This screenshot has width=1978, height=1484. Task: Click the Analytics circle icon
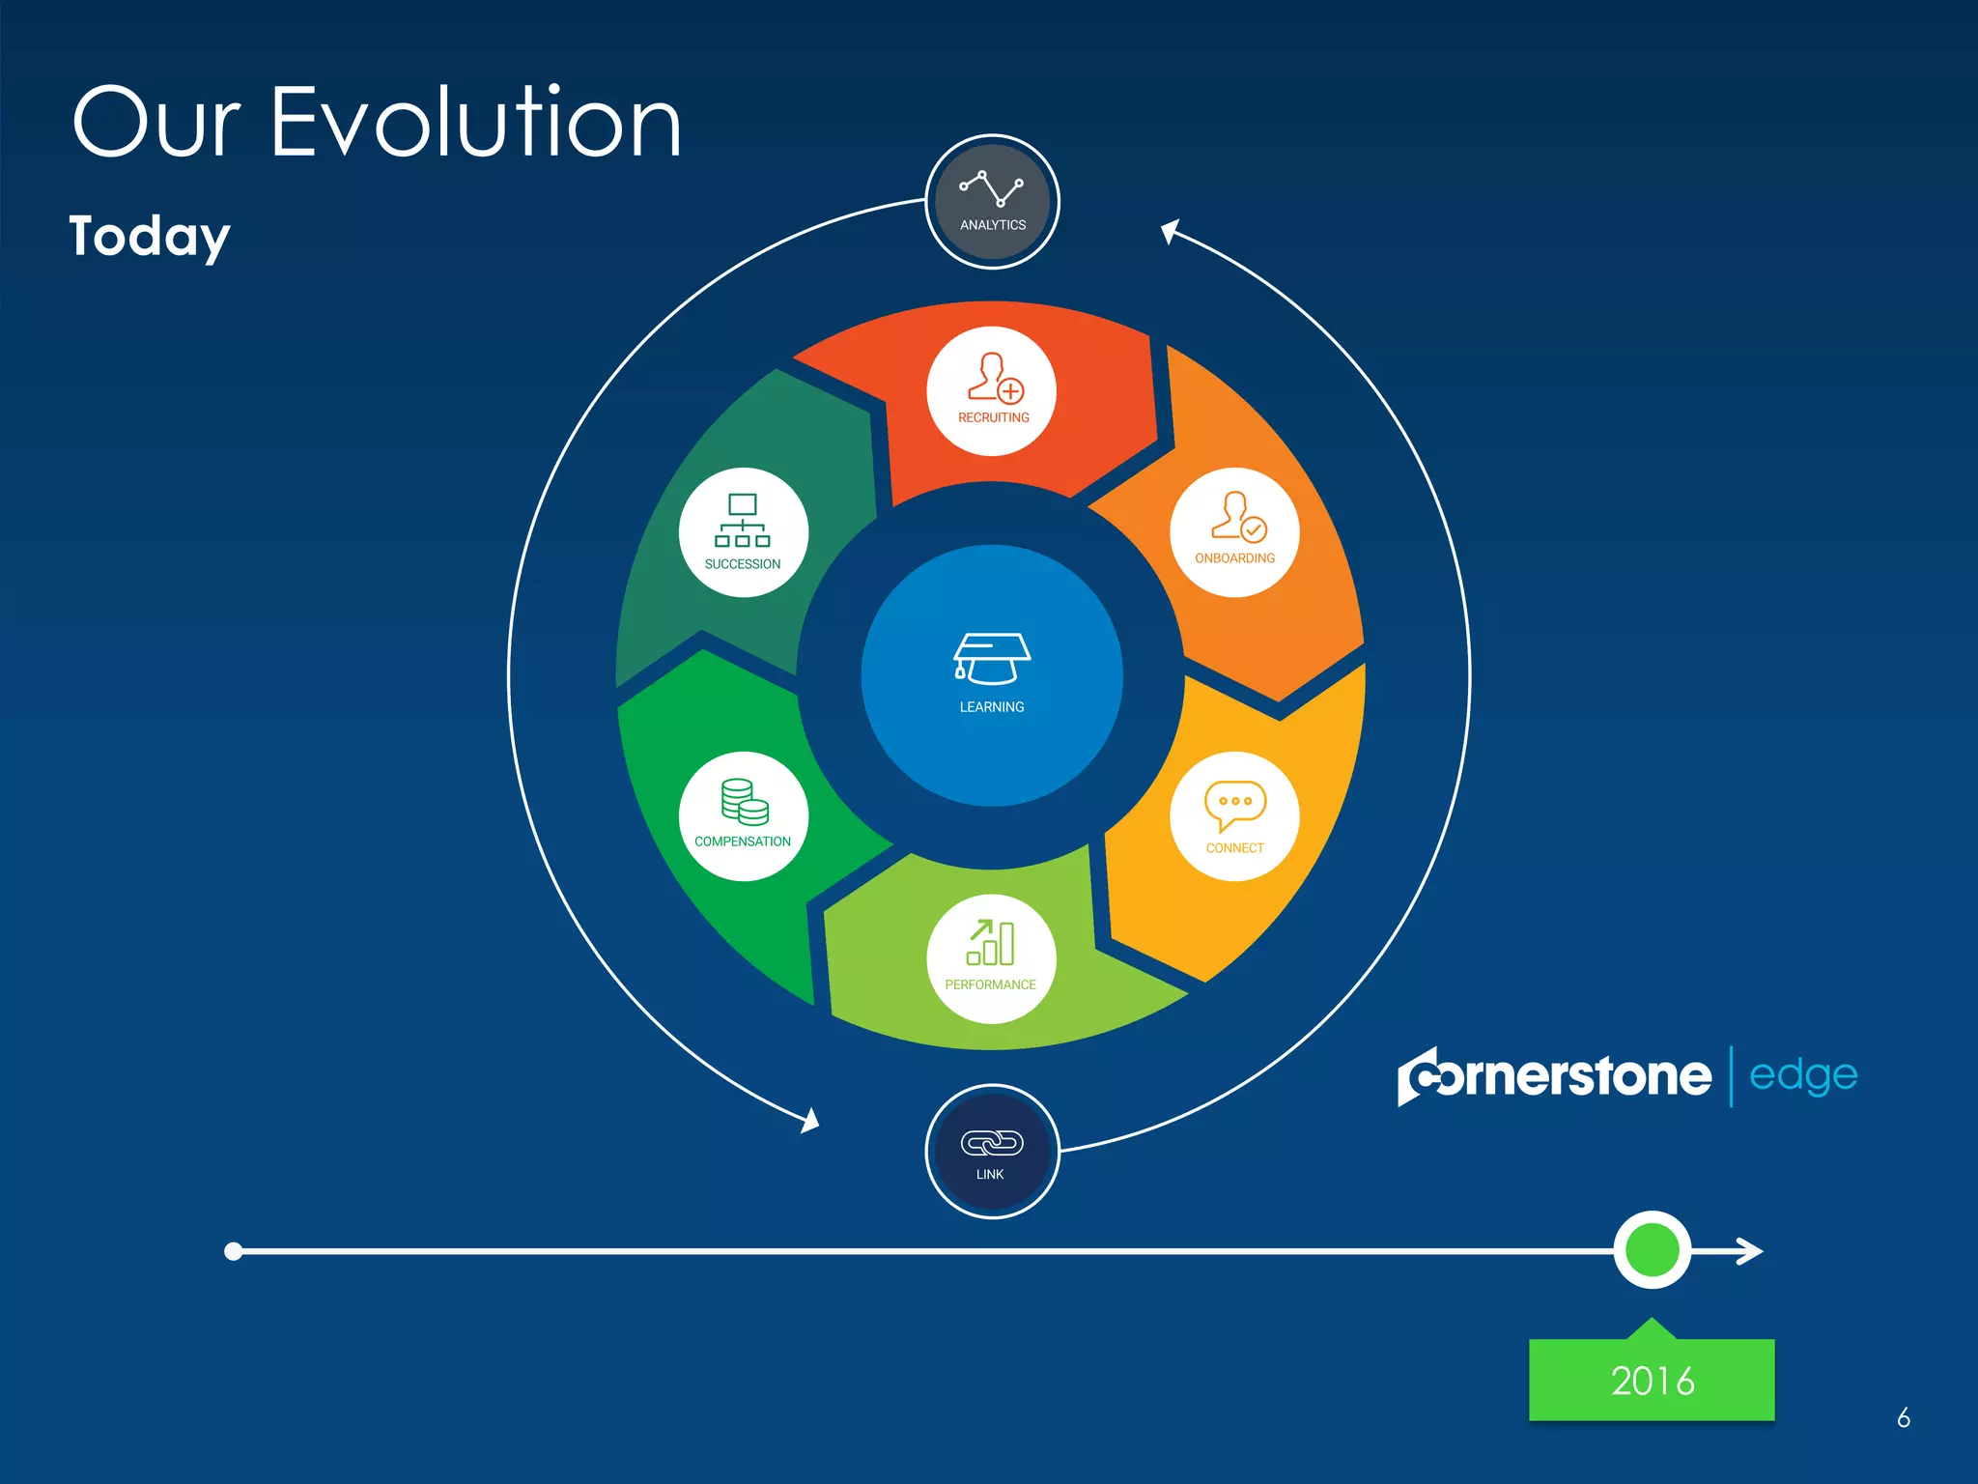(992, 201)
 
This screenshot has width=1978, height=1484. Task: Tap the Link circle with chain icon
(992, 1151)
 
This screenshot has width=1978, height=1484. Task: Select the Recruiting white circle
(992, 390)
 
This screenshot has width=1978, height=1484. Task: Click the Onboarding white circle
(1233, 532)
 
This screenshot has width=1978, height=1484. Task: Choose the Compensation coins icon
(745, 802)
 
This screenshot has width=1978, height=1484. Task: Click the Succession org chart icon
(742, 521)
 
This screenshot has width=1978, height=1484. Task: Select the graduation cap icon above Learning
(992, 659)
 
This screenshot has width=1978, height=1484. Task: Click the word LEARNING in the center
(992, 707)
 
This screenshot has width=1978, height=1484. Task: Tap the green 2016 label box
(1652, 1380)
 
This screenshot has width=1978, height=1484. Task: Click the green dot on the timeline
(1652, 1250)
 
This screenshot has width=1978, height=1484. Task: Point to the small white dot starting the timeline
(233, 1251)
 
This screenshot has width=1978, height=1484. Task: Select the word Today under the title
(150, 237)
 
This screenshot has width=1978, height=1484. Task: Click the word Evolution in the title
(475, 123)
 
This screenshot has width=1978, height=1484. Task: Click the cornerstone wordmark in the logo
(1554, 1076)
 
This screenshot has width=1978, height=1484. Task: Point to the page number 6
(1903, 1417)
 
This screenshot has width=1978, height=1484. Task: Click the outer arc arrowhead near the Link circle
(810, 1122)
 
